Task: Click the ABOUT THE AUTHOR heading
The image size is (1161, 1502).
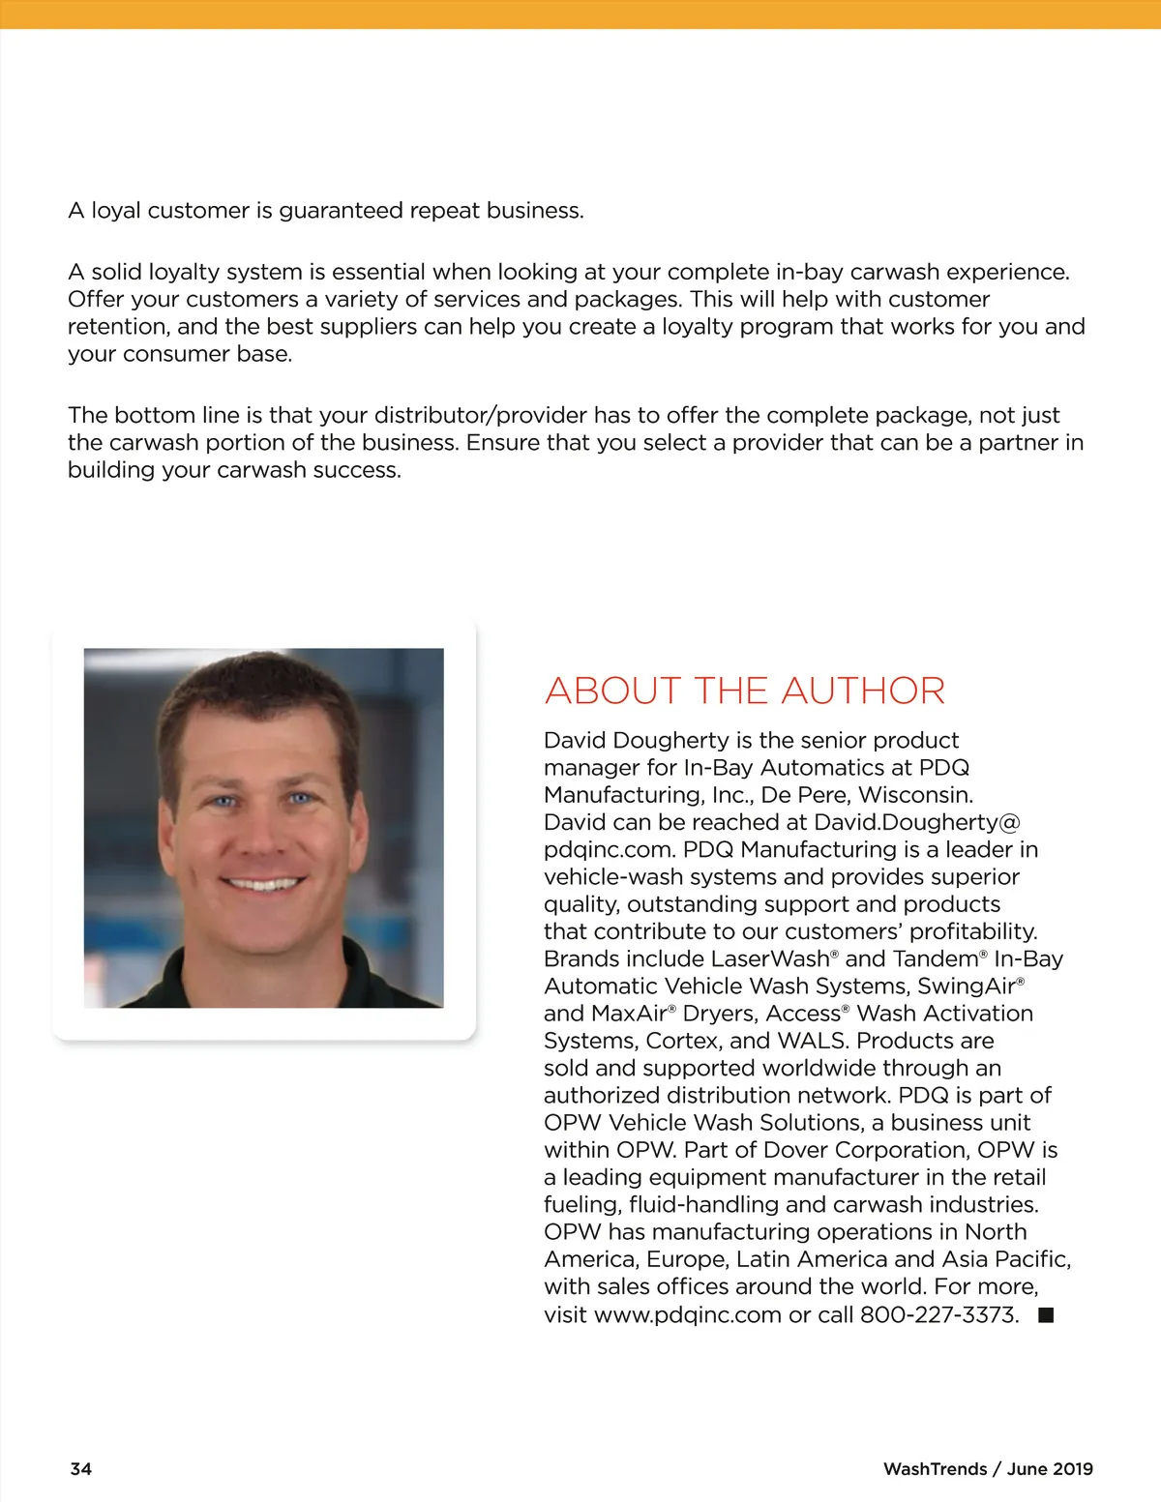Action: tap(744, 691)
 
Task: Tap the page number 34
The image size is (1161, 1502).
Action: tap(81, 1468)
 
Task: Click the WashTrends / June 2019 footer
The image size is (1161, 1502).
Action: tap(987, 1468)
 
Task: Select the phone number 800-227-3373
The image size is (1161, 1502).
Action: tap(939, 1314)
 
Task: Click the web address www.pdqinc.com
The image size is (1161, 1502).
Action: tap(687, 1314)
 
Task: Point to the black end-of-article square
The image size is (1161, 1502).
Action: tap(1046, 1314)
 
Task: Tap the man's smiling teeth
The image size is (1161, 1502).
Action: tap(262, 883)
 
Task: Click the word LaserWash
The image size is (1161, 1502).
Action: tap(770, 958)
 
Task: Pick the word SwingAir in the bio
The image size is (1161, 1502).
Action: tap(966, 986)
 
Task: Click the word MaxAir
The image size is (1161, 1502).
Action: tap(628, 1014)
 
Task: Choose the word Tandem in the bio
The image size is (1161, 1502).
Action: tap(936, 958)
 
